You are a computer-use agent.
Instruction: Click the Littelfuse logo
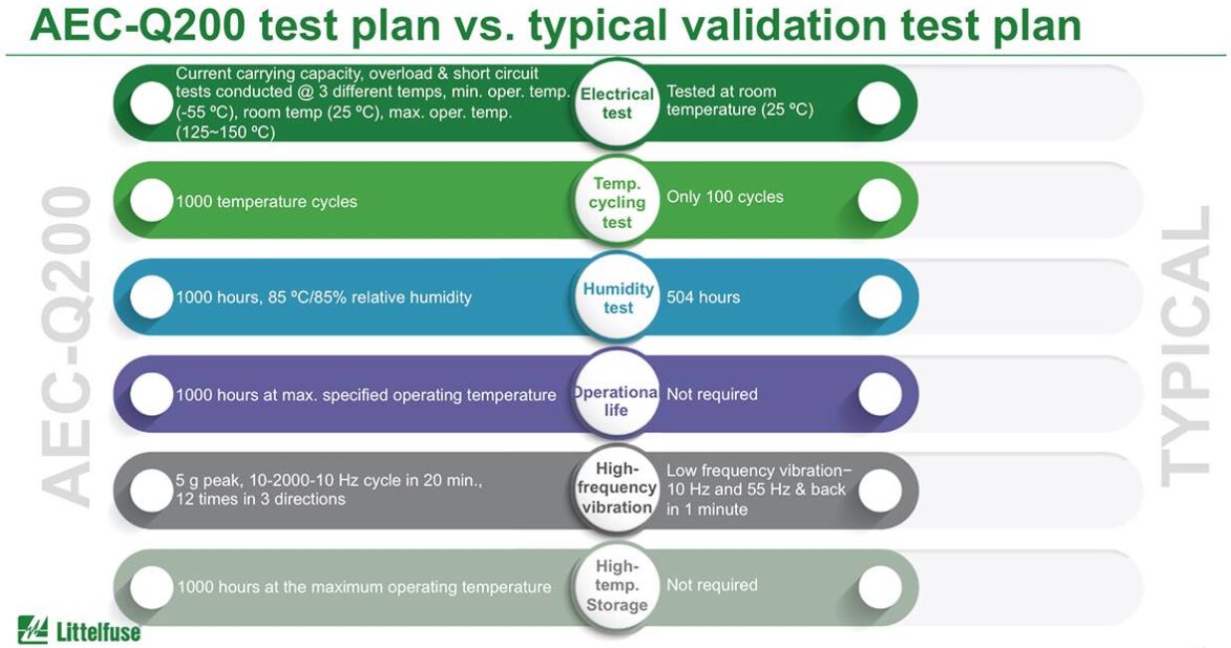[79, 630]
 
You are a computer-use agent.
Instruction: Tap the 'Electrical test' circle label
[616, 104]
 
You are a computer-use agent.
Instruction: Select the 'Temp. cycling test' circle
[616, 201]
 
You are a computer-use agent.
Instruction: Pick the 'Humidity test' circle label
[617, 298]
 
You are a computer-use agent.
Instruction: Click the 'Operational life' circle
[616, 394]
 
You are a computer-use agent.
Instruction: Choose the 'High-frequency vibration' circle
[616, 489]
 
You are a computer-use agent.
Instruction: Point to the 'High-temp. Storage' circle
[616, 585]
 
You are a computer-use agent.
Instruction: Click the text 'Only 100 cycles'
[725, 197]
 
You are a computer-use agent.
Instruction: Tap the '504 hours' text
[703, 297]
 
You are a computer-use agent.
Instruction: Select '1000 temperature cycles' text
[267, 202]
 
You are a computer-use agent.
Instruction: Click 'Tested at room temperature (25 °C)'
[740, 101]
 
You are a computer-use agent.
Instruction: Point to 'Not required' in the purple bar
[712, 394]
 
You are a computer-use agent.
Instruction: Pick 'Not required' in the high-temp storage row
[712, 585]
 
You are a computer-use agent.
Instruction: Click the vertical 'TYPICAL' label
[1186, 346]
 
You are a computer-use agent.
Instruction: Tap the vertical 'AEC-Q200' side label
[66, 346]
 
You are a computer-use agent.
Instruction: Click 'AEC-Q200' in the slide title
[137, 25]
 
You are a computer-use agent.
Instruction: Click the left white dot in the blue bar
[151, 297]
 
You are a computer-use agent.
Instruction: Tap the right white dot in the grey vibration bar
[879, 490]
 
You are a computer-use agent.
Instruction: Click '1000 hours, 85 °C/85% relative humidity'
[324, 298]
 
